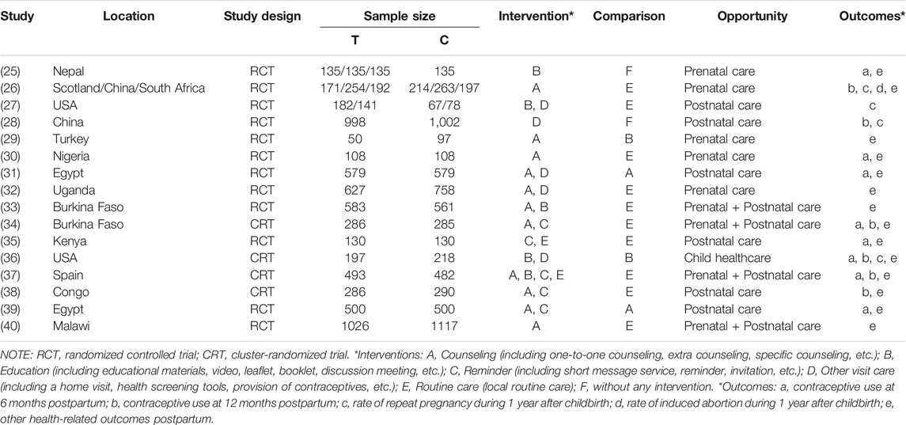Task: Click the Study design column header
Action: (x=263, y=16)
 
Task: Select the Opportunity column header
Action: (x=752, y=16)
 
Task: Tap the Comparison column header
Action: (x=628, y=16)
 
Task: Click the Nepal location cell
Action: (x=70, y=72)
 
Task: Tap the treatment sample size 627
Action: (x=354, y=190)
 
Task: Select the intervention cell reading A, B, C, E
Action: (x=536, y=275)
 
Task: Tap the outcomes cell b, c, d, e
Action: (x=872, y=89)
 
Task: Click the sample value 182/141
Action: (x=354, y=105)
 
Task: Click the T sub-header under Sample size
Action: (x=354, y=40)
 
